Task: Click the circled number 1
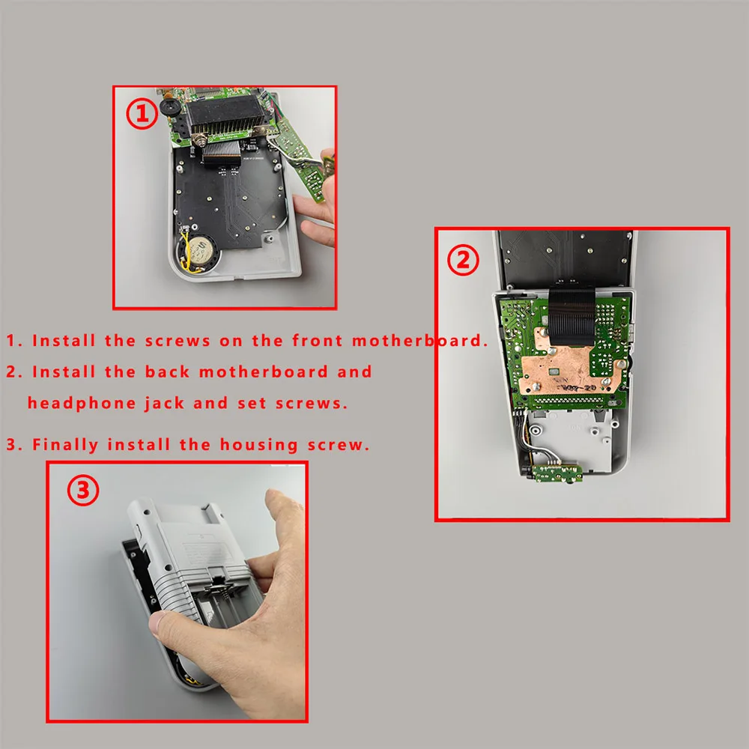click(x=142, y=114)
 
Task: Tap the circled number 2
click(x=463, y=260)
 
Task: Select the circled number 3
click(x=83, y=490)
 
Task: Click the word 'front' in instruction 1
click(x=317, y=341)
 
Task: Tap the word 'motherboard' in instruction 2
click(x=263, y=372)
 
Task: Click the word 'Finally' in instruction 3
click(x=65, y=445)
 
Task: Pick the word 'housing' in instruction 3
click(x=258, y=445)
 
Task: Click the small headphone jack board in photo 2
click(x=557, y=473)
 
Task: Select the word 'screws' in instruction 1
click(x=178, y=341)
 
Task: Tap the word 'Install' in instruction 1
click(x=64, y=341)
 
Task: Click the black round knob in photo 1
click(x=169, y=106)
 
